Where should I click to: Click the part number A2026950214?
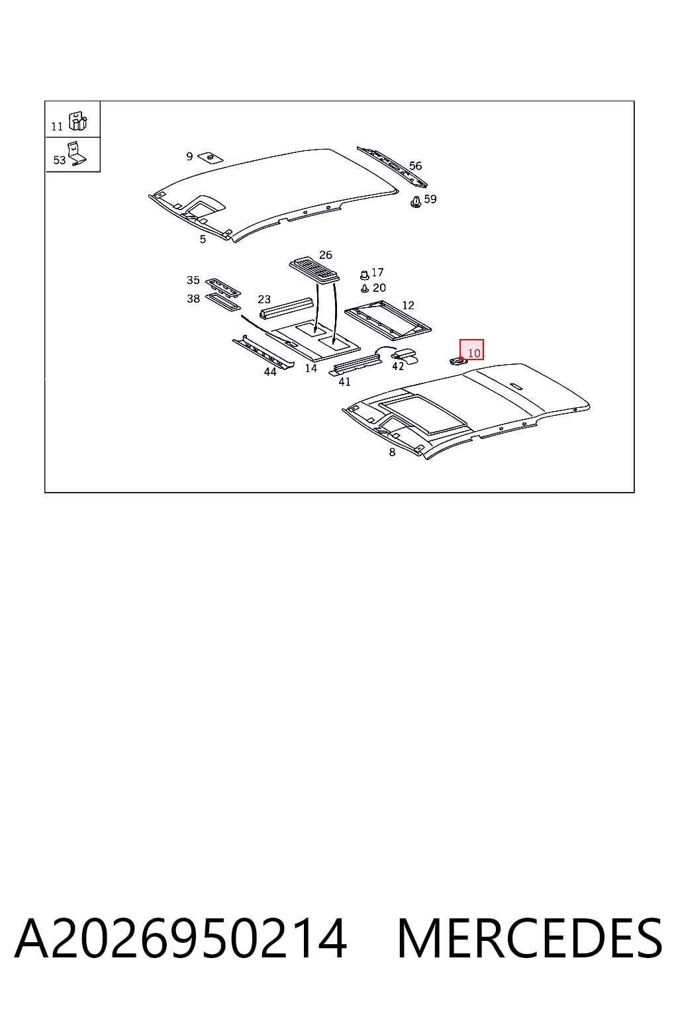click(x=181, y=938)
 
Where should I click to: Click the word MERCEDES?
click(x=530, y=938)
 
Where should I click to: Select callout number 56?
click(x=416, y=166)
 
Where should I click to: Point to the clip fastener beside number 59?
click(x=416, y=201)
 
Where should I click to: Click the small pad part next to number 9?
click(x=211, y=157)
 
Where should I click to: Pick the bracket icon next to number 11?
click(x=77, y=121)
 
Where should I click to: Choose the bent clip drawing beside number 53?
click(x=76, y=154)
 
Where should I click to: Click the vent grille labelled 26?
click(x=315, y=271)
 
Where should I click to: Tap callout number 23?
click(x=264, y=299)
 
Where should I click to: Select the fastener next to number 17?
click(x=363, y=275)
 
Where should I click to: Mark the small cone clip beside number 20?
click(x=364, y=288)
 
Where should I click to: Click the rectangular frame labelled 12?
click(x=388, y=320)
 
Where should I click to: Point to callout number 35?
click(x=193, y=280)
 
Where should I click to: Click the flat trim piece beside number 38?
click(x=223, y=302)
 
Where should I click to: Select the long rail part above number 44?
click(x=264, y=352)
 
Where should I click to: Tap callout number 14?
click(x=311, y=368)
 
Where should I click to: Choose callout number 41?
click(x=345, y=382)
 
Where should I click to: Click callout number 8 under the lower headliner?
click(x=392, y=452)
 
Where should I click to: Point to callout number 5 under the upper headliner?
click(x=203, y=239)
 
